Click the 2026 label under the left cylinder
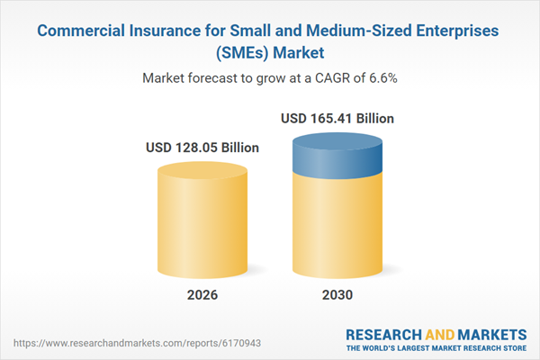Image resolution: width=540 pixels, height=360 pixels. coord(202,293)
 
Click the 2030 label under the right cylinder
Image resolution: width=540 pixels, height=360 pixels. coord(336,293)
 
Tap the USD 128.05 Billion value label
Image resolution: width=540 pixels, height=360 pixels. coord(202,148)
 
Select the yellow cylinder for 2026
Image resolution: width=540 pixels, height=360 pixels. coord(202,220)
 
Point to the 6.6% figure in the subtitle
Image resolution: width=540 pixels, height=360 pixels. coord(382,77)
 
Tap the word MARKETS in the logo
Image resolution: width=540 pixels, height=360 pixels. coord(488,333)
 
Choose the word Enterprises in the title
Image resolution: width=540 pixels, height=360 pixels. coord(454,31)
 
